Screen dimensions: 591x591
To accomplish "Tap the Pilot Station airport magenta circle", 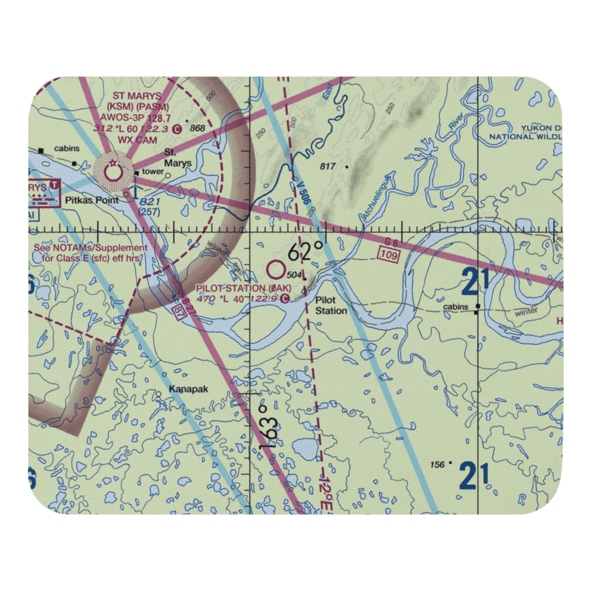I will (275, 271).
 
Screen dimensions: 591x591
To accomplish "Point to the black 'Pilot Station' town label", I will (330, 305).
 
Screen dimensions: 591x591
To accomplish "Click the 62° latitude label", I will (306, 252).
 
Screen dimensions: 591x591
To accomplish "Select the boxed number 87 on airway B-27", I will (176, 310).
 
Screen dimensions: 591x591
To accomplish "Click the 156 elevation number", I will (438, 465).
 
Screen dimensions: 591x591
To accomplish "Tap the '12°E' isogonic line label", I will (324, 488).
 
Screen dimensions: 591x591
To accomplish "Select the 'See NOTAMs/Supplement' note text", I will (90, 248).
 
